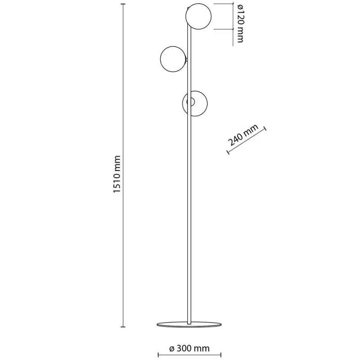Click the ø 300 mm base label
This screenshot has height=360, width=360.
tap(189, 348)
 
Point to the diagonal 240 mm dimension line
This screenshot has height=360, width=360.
tap(247, 142)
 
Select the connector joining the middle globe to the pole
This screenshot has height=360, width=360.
tap(186, 58)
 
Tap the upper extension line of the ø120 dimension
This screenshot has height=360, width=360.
tap(224, 4)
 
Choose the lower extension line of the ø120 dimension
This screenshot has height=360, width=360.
tap(224, 29)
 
